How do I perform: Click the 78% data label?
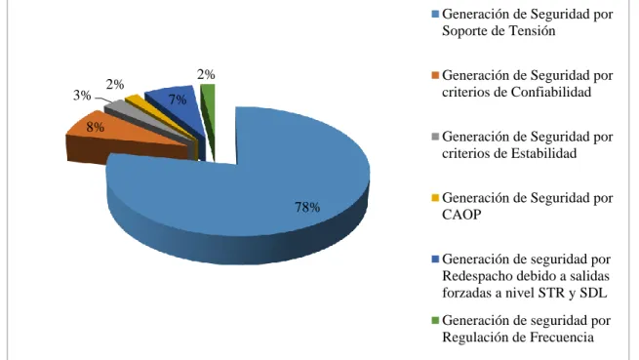coord(307,207)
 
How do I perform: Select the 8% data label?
coord(95,127)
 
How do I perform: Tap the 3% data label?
coord(82,96)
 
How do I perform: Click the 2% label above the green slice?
coord(206,74)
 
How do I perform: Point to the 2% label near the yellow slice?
coord(115,85)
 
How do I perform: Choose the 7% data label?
coord(178,100)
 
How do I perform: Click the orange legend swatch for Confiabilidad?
coord(435,76)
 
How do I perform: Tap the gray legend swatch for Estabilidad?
coord(435,137)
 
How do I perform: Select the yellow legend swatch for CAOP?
coord(435,198)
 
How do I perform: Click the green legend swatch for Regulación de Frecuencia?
coord(435,321)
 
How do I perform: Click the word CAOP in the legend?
coord(461,215)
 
